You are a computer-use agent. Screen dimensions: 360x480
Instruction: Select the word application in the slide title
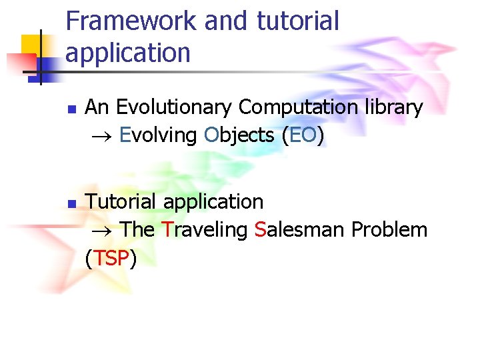[x=127, y=53]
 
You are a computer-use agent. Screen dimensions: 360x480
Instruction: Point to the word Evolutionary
[x=175, y=108]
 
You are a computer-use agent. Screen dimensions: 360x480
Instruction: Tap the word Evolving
[x=157, y=136]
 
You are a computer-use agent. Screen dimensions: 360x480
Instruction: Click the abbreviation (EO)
[x=303, y=136]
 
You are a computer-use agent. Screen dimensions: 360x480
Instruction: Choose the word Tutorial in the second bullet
[x=122, y=201]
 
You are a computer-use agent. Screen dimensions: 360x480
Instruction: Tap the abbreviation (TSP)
[x=111, y=259]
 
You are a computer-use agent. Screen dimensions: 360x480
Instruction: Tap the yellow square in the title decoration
[x=32, y=45]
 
